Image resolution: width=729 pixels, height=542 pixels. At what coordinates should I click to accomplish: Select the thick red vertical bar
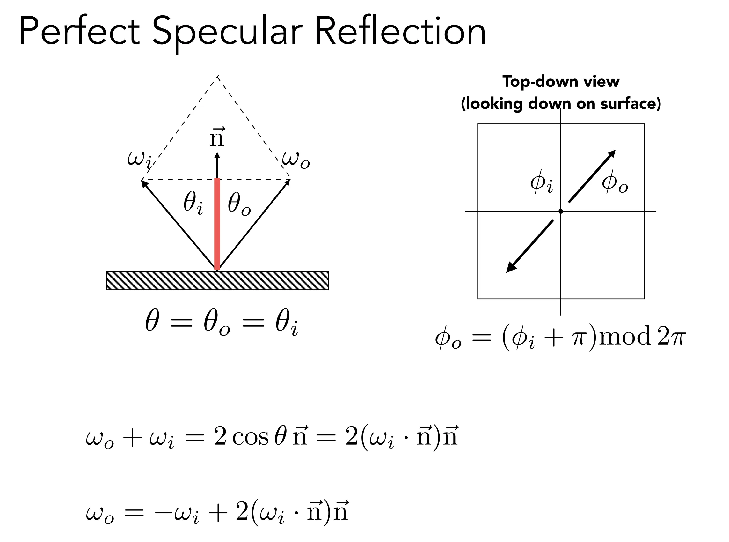click(x=217, y=224)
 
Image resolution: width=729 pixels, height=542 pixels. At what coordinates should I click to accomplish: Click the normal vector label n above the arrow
click(x=217, y=137)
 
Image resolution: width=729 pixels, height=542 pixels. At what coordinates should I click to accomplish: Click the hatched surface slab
click(x=217, y=281)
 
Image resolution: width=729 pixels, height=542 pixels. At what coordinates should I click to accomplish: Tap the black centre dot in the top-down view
click(x=560, y=211)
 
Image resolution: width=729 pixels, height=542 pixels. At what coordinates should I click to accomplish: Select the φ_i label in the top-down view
click(x=542, y=182)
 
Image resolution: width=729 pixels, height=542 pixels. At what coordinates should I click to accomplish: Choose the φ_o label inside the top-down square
click(x=615, y=182)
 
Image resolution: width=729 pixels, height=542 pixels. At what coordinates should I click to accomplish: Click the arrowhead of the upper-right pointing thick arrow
click(x=611, y=155)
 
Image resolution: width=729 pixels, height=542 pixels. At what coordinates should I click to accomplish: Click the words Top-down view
click(x=561, y=81)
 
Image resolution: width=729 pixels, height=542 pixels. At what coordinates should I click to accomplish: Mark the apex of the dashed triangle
click(x=217, y=76)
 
